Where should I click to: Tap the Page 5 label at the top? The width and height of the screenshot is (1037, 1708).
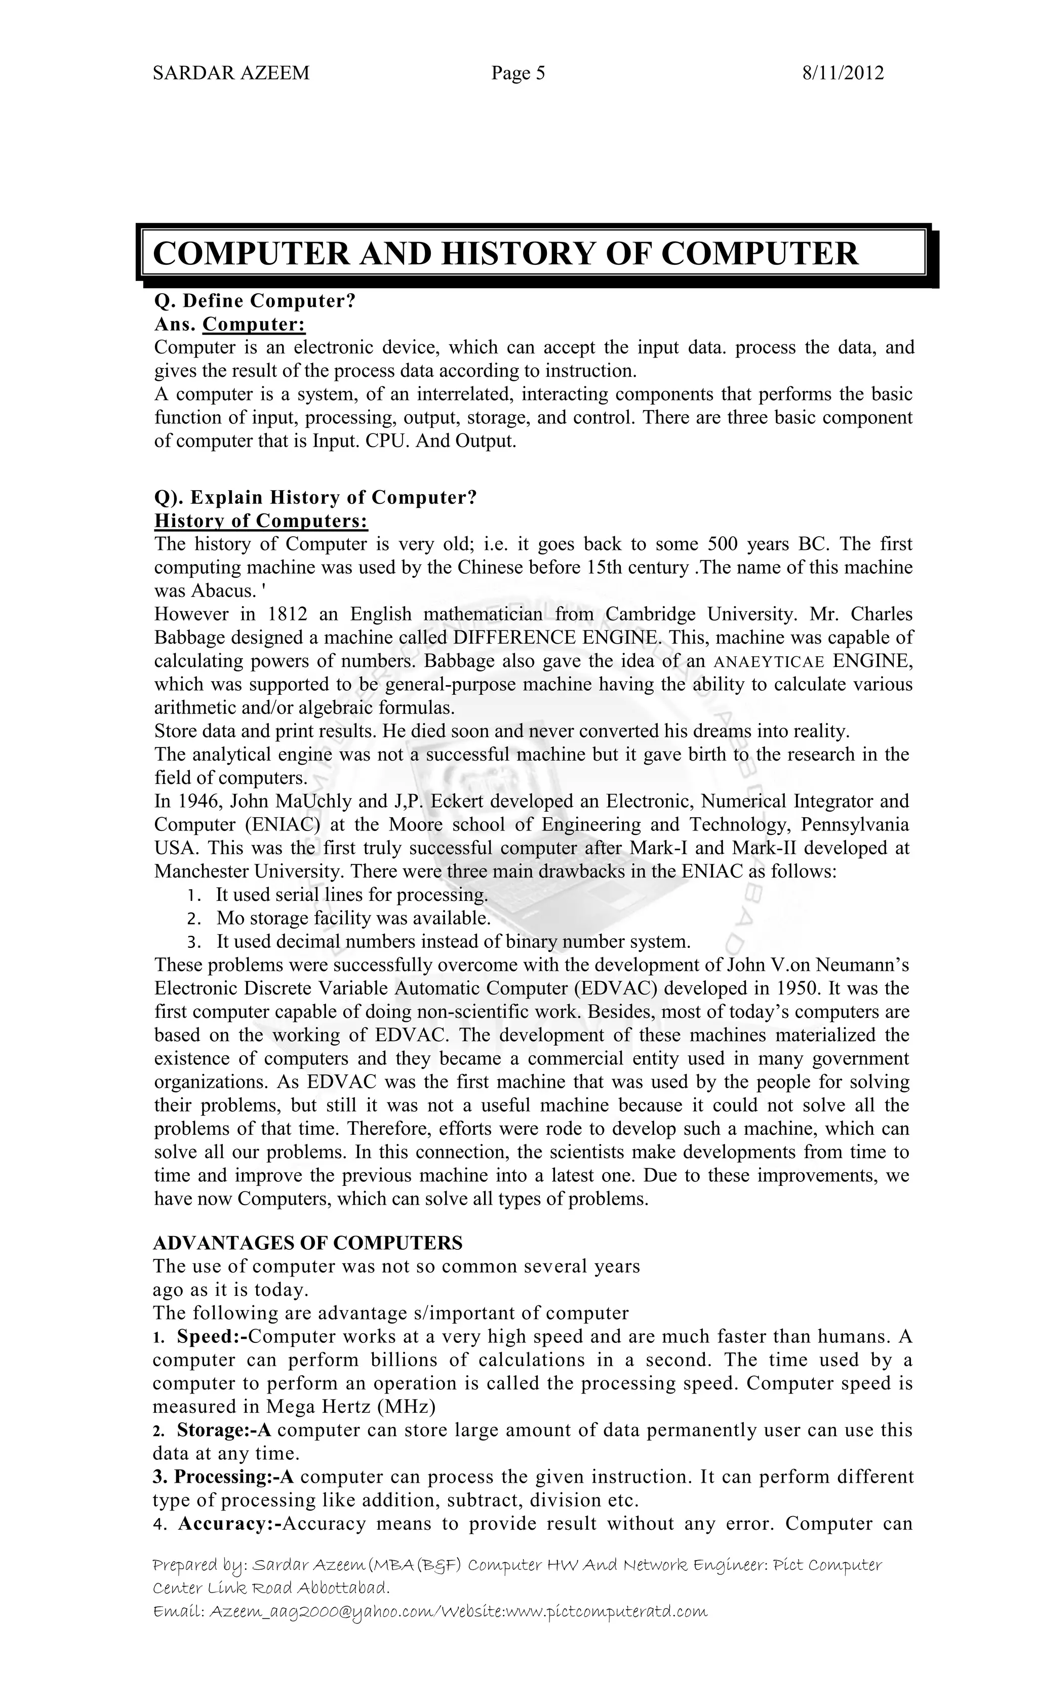(518, 73)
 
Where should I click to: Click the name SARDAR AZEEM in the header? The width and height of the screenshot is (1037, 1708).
(231, 73)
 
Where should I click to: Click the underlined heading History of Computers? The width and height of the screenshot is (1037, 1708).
(261, 521)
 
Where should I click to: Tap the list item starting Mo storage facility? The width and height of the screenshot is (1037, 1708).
(353, 919)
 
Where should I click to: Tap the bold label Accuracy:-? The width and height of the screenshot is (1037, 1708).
(227, 1524)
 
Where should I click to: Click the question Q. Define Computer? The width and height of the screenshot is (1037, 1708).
(254, 301)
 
